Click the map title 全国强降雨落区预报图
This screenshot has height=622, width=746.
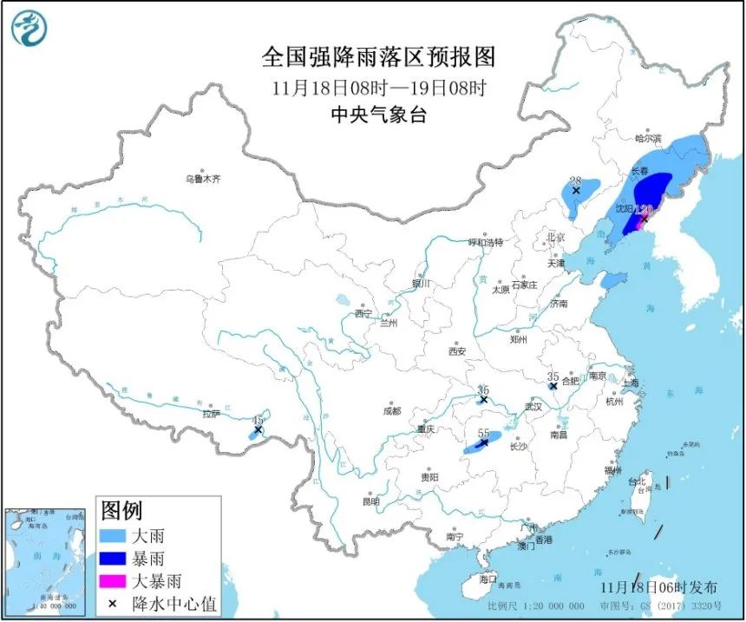pyautogui.click(x=378, y=57)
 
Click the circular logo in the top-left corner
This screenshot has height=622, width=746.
pyautogui.click(x=29, y=29)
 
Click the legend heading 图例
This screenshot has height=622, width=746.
pyautogui.click(x=121, y=510)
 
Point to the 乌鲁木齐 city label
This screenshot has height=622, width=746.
pyautogui.click(x=202, y=180)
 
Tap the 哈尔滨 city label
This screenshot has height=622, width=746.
pyautogui.click(x=647, y=138)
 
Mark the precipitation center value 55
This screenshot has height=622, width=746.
pyautogui.click(x=483, y=433)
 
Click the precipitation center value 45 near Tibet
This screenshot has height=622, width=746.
pyautogui.click(x=257, y=420)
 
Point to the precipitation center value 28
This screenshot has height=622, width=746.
pyautogui.click(x=574, y=180)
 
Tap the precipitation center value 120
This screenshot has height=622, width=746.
pyautogui.click(x=644, y=210)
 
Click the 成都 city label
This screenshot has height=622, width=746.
pyautogui.click(x=393, y=411)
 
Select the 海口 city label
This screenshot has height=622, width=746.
pyautogui.click(x=488, y=579)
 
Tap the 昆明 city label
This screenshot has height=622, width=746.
pyautogui.click(x=371, y=501)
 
